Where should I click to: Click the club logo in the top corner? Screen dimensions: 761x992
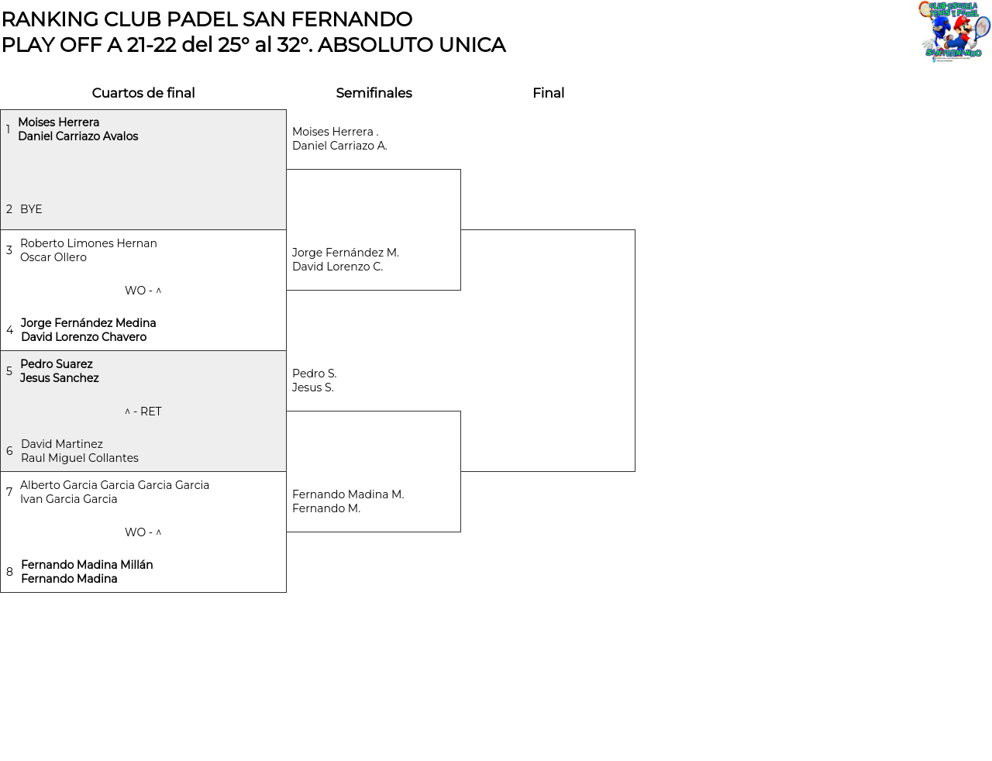click(954, 31)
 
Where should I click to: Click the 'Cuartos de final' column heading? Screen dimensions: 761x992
click(143, 93)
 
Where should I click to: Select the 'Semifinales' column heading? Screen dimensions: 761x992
click(374, 93)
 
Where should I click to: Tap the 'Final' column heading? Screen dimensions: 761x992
click(548, 93)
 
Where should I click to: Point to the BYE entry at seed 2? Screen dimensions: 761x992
click(31, 209)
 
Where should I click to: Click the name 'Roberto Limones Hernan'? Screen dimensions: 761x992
click(88, 243)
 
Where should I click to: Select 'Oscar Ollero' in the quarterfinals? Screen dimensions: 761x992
click(53, 257)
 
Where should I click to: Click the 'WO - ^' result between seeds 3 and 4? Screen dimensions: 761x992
click(143, 291)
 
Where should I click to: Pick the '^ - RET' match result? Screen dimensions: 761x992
click(143, 411)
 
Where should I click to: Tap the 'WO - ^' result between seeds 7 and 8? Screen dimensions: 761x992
click(143, 532)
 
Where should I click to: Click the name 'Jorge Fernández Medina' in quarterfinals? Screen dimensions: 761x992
click(88, 323)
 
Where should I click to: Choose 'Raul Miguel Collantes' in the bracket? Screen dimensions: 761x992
click(80, 458)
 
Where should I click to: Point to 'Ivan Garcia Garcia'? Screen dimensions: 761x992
click(69, 499)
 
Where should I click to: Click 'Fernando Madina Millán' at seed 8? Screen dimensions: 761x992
click(87, 565)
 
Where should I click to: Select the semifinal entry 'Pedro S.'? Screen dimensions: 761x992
click(315, 374)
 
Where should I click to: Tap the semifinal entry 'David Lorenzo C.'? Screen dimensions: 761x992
click(338, 267)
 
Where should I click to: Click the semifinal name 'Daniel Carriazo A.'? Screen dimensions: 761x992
click(339, 146)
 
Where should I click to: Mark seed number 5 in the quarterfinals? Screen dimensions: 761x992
click(9, 371)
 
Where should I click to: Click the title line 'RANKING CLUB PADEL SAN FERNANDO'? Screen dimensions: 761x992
click(207, 19)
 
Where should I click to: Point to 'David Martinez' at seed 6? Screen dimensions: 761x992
click(62, 444)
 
